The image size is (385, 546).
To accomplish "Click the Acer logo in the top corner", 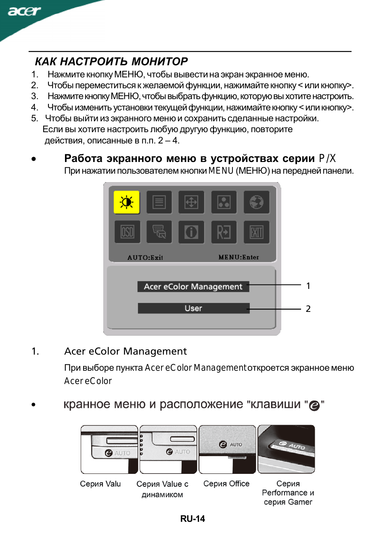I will [24, 11].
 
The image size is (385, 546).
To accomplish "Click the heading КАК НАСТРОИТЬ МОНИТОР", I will [111, 62].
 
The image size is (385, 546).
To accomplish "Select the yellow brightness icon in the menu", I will [126, 202].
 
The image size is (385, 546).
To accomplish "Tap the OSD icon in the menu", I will [127, 232].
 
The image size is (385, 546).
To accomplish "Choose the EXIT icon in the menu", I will [256, 232].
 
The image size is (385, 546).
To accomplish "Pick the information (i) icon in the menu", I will [191, 232].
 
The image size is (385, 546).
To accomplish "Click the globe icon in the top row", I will [256, 202].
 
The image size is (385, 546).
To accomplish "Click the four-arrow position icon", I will [191, 202].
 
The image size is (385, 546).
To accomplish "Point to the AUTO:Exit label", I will [145, 257].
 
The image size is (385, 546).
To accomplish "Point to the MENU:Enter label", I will [239, 257].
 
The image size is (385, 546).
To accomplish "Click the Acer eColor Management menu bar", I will [193, 286].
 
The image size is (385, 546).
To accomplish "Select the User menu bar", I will [193, 308].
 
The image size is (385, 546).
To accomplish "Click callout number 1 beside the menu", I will [308, 286].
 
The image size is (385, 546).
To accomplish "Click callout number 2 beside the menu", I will [308, 309].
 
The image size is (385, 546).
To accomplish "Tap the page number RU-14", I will [192, 519].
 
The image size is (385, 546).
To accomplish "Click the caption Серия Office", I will [226, 484].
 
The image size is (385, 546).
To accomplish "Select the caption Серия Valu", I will [100, 484].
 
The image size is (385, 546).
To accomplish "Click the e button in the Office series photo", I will [223, 444].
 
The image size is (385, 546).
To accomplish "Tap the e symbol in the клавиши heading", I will [314, 405].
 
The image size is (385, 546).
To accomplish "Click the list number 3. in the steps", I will [35, 96].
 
